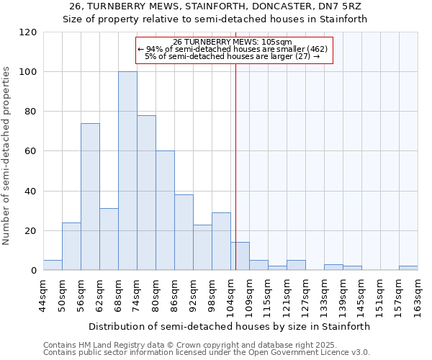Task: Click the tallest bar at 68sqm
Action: (127, 171)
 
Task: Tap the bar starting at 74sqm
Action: (146, 193)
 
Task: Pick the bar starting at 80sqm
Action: (165, 210)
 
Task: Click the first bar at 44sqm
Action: (53, 265)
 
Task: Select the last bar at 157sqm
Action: (408, 268)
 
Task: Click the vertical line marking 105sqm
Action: (235, 166)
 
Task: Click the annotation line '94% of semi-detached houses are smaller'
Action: (232, 49)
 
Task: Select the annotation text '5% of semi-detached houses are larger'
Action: (232, 56)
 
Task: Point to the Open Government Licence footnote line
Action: (207, 353)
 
